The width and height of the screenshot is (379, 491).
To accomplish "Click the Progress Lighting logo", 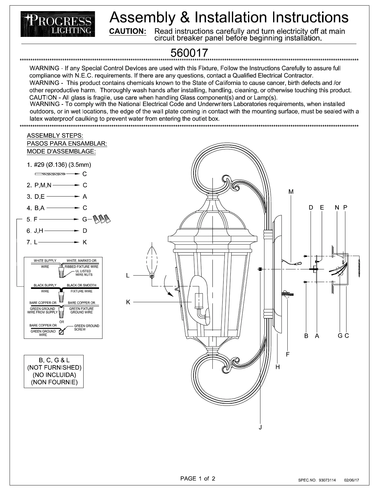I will click(x=58, y=24).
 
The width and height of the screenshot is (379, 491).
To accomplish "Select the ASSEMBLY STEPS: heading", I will click(x=55, y=135).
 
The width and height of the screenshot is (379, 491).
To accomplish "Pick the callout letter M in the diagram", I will click(x=291, y=192).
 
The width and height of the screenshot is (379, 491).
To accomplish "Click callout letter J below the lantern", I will click(x=260, y=427).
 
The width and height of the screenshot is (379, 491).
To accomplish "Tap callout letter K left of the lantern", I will click(x=128, y=302).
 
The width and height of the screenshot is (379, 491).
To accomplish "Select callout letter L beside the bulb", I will click(x=128, y=275).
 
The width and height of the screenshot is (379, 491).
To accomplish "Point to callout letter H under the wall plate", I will click(x=278, y=367).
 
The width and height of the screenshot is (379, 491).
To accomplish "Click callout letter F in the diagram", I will click(x=288, y=354).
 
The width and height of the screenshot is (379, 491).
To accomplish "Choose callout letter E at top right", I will click(x=322, y=207).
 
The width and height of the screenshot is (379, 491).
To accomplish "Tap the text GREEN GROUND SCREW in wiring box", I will click(x=86, y=327).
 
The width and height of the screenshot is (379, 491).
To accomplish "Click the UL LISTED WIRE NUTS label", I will click(x=84, y=273).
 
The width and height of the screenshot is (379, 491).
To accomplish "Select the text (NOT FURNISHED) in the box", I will click(x=54, y=367).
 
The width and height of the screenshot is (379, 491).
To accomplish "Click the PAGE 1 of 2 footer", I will click(x=198, y=478).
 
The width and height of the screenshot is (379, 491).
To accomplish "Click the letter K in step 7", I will click(x=85, y=242).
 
